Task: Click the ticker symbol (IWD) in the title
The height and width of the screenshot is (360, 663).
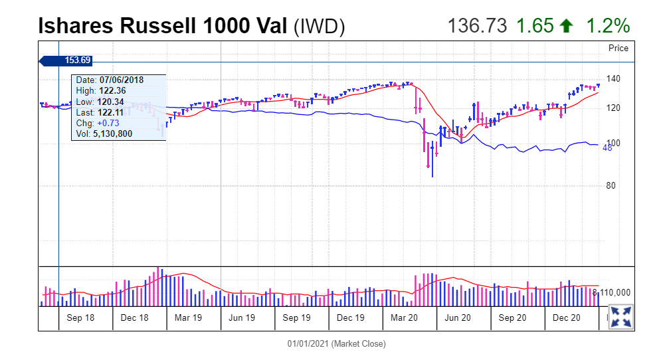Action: click(320, 27)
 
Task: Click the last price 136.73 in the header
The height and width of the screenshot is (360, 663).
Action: click(477, 26)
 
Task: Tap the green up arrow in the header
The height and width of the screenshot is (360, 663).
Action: click(566, 26)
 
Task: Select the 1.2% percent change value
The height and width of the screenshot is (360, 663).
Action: click(607, 26)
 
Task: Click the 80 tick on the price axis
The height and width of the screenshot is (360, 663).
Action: click(612, 186)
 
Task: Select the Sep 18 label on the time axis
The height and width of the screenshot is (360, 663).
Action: click(80, 318)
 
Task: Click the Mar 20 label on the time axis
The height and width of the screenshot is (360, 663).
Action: click(404, 318)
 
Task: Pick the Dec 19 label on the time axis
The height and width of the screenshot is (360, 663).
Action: click(350, 318)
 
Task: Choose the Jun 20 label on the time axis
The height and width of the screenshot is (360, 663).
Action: click(458, 318)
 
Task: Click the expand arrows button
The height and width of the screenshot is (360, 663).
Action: click(621, 317)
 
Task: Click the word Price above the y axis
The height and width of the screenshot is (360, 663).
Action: click(618, 48)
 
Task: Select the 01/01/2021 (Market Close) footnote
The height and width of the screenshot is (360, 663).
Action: click(336, 344)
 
